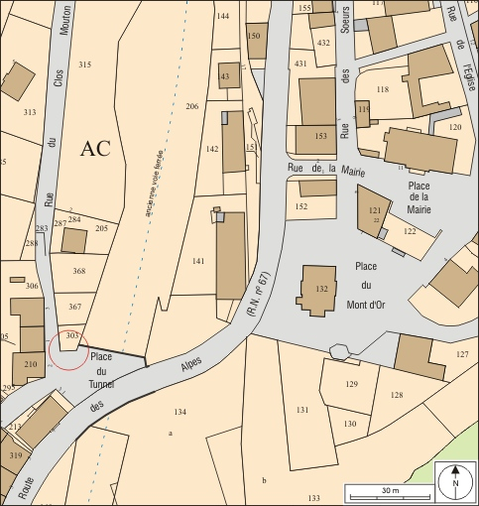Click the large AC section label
tap(95, 150)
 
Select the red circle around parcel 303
tap(68, 349)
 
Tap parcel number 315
tap(85, 64)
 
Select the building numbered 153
tap(317, 136)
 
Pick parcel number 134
tap(180, 411)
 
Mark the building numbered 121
tap(374, 211)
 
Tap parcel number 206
tap(191, 106)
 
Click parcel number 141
tap(197, 261)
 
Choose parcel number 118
tap(383, 89)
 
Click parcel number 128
tap(397, 396)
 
